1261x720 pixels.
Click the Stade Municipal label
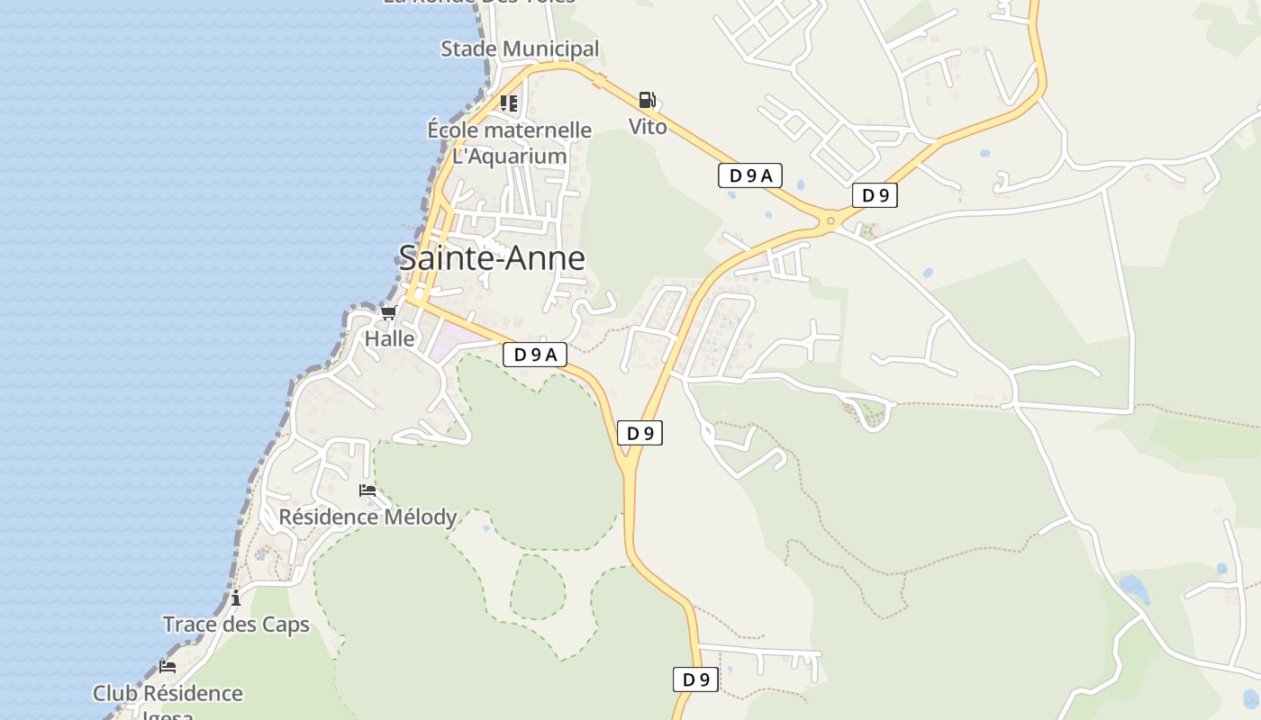pyautogui.click(x=520, y=49)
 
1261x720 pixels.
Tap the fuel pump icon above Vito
pyautogui.click(x=647, y=100)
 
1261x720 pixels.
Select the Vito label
pyautogui.click(x=648, y=127)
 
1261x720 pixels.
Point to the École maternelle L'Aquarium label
pyautogui.click(x=509, y=143)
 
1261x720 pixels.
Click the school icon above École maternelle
pyautogui.click(x=509, y=103)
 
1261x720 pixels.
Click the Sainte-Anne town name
pyautogui.click(x=492, y=258)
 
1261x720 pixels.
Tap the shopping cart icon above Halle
pyautogui.click(x=388, y=313)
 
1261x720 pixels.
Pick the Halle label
pyautogui.click(x=389, y=339)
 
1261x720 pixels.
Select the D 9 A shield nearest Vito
pyautogui.click(x=749, y=175)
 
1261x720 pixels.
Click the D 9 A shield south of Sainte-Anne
pyautogui.click(x=534, y=355)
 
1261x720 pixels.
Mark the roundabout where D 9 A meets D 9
pyautogui.click(x=830, y=220)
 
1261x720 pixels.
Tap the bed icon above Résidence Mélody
pyautogui.click(x=367, y=490)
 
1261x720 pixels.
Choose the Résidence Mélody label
pyautogui.click(x=367, y=517)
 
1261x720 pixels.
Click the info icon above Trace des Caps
pyautogui.click(x=236, y=598)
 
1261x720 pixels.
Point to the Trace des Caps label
pyautogui.click(x=236, y=625)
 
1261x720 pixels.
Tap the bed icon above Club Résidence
pyautogui.click(x=168, y=667)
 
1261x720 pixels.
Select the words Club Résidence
pyautogui.click(x=168, y=694)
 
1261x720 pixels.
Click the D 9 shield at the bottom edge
pyautogui.click(x=695, y=679)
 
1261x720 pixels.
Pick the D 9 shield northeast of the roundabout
pyautogui.click(x=875, y=195)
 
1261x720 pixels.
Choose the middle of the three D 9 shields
pyautogui.click(x=640, y=433)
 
